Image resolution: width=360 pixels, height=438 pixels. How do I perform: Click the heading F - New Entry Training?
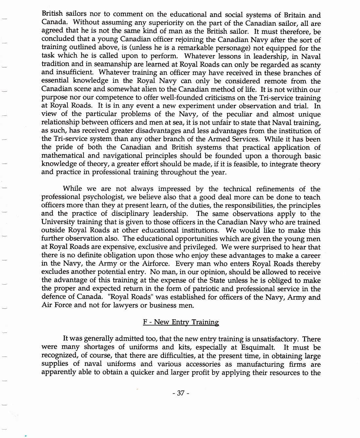tap(181, 322)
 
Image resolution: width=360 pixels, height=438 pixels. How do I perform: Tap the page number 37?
tap(181, 394)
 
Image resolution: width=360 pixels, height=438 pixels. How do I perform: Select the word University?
tap(60, 222)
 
